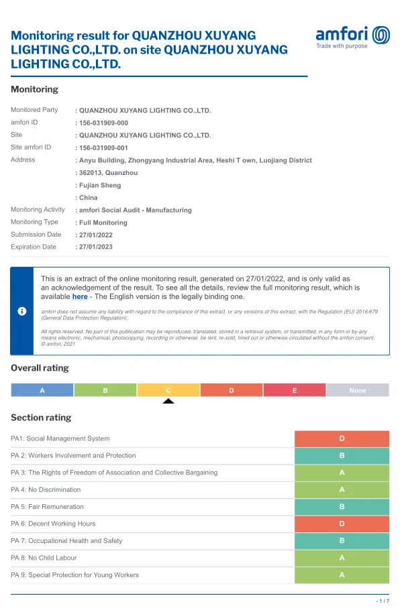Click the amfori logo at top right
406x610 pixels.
(x=352, y=37)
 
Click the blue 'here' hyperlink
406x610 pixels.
(x=80, y=296)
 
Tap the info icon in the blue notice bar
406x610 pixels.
(x=21, y=311)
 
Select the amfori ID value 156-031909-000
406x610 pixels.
(x=103, y=123)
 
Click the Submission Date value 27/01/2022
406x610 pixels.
(x=95, y=235)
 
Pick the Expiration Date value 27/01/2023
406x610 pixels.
(x=95, y=247)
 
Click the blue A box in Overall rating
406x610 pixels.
(x=42, y=390)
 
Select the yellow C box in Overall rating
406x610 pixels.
(x=168, y=390)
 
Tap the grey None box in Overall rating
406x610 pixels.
(x=358, y=390)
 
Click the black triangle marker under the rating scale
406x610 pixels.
(x=168, y=401)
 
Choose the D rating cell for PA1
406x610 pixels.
(x=342, y=438)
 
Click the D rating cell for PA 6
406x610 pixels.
(x=342, y=524)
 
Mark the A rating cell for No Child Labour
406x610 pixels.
(x=342, y=558)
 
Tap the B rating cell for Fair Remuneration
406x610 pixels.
(x=342, y=507)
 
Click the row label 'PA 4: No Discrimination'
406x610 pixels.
(x=46, y=490)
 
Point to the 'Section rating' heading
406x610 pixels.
(x=41, y=418)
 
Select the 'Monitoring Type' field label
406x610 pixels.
(x=34, y=222)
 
